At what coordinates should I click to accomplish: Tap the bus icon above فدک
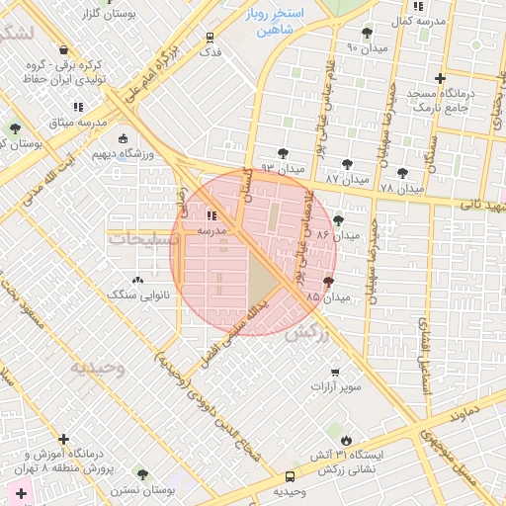(x=209, y=39)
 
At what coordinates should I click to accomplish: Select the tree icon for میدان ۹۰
(x=368, y=33)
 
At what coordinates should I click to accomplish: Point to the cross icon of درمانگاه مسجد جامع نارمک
(x=441, y=78)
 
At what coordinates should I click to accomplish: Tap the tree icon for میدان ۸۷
(x=347, y=165)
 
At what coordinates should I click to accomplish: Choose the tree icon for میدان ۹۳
(x=284, y=153)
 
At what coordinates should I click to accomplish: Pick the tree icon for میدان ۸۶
(x=339, y=221)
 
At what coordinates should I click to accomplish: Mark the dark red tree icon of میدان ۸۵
(x=328, y=283)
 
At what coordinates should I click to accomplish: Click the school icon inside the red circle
(x=212, y=215)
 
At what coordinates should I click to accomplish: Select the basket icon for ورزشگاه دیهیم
(x=122, y=139)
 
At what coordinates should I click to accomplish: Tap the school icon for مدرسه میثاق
(x=78, y=107)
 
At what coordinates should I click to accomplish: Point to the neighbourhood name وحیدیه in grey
(x=97, y=368)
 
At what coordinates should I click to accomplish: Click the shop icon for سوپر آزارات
(x=336, y=373)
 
